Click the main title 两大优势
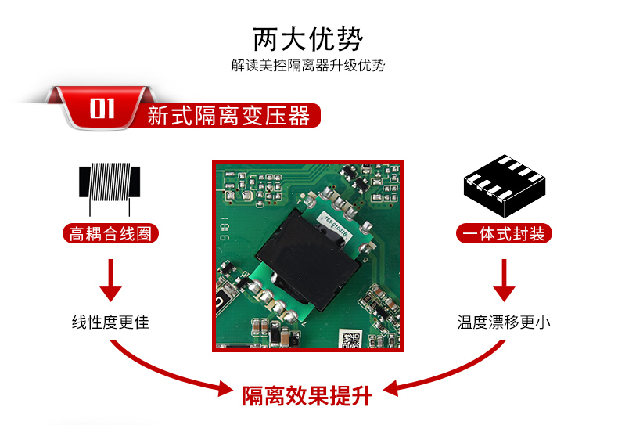coord(307,39)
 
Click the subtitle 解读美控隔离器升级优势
coord(307,65)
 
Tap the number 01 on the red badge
coord(102,109)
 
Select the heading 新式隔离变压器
coord(228,116)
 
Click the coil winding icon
coord(110,186)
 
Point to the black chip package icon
coord(505,185)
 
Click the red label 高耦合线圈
coord(110,234)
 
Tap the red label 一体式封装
coord(504,233)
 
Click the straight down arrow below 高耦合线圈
coord(111,280)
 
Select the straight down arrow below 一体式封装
coord(504,280)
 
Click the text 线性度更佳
coord(110,322)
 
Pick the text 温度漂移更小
coord(504,322)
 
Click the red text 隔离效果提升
coord(307,395)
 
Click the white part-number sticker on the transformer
coord(336,229)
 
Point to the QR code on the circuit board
coord(350,340)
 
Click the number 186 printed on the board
coord(224,229)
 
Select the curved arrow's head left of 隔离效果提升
coord(225,388)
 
